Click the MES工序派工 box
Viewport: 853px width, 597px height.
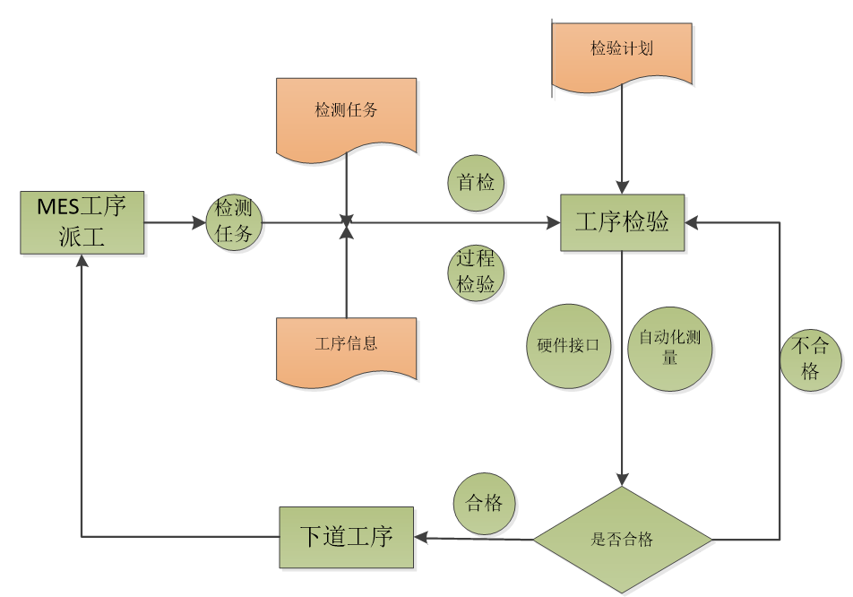tap(82, 221)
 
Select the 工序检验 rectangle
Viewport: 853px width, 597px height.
tap(622, 222)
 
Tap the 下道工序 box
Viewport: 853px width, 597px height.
tap(346, 537)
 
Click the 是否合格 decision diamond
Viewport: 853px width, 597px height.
tap(622, 540)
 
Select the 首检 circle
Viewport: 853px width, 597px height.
tap(476, 183)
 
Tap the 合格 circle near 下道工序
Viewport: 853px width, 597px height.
tap(485, 503)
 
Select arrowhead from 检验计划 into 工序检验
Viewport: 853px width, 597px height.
tap(622, 187)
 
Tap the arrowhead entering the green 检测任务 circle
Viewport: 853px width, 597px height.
tap(200, 222)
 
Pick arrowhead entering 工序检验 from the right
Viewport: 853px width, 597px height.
tap(692, 222)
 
